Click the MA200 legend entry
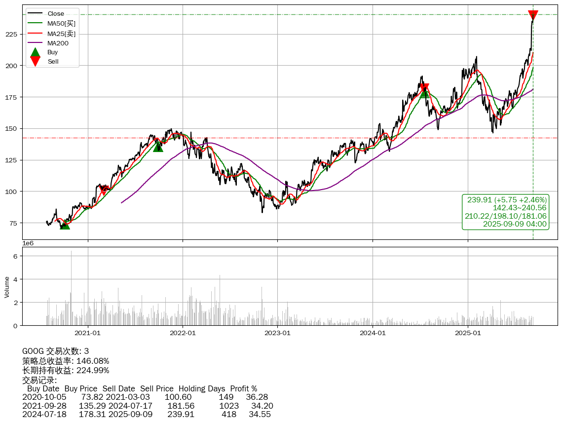pyautogui.click(x=54, y=43)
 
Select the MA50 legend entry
pyautogui.click(x=58, y=23)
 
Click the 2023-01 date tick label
pyautogui.click(x=277, y=333)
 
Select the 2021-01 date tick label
pyautogui.click(x=88, y=333)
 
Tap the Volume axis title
pyautogui.click(x=7, y=287)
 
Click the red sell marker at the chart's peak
pyautogui.click(x=533, y=15)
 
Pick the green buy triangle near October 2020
pyautogui.click(x=65, y=225)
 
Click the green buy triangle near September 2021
pyautogui.click(x=158, y=147)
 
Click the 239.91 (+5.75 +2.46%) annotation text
pyautogui.click(x=507, y=200)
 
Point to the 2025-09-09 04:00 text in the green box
pyautogui.click(x=515, y=224)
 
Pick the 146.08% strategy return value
pyautogui.click(x=93, y=361)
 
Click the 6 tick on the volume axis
pyautogui.click(x=16, y=256)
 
